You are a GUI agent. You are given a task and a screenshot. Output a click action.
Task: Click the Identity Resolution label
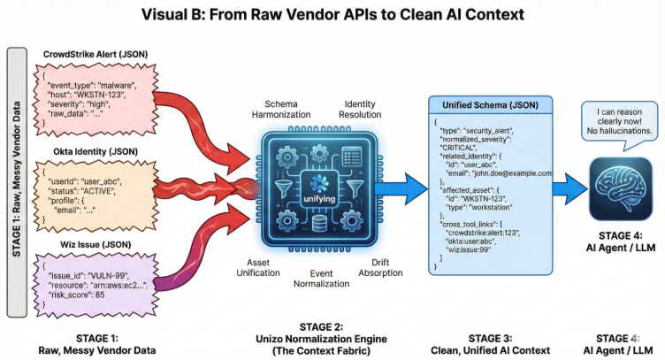pos(363,110)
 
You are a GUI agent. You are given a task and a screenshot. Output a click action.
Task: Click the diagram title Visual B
pos(332,15)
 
